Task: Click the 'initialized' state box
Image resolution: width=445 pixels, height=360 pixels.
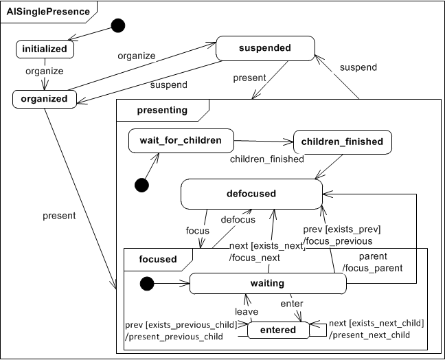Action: coord(45,49)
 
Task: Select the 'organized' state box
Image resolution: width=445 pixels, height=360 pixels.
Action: coord(45,99)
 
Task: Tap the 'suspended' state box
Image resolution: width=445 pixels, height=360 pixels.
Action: coord(265,49)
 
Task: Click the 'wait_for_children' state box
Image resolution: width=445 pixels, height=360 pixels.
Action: coord(181,141)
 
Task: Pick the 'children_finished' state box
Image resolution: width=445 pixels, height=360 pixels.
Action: coord(343,142)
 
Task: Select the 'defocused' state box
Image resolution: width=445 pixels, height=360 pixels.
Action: coord(251,194)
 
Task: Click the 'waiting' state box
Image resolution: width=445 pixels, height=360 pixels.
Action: coord(267,283)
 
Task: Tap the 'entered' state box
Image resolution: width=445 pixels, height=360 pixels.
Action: coord(278,330)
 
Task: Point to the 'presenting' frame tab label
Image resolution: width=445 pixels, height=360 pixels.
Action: coord(161,109)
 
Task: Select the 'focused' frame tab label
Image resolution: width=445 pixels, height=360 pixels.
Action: coord(157,259)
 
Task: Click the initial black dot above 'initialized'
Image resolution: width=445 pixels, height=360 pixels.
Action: coord(118,26)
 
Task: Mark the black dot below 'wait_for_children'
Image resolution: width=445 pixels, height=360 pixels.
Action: coord(142,185)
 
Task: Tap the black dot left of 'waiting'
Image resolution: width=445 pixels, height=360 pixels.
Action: coord(145,283)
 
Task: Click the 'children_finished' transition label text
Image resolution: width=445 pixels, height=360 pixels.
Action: coord(266,159)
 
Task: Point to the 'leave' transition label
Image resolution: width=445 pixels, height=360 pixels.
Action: coord(247,311)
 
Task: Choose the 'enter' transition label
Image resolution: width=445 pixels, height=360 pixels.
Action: coord(292,303)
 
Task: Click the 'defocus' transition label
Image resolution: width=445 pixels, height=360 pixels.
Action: coord(238,220)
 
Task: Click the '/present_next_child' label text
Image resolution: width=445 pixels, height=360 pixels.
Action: coord(369,335)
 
